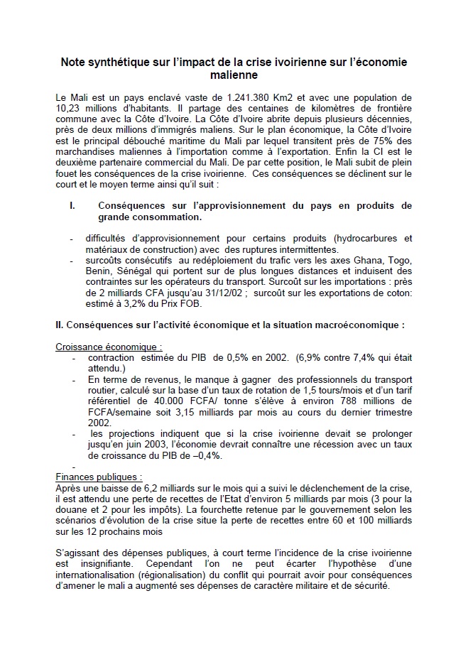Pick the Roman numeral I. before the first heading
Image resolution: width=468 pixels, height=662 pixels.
click(x=72, y=206)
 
